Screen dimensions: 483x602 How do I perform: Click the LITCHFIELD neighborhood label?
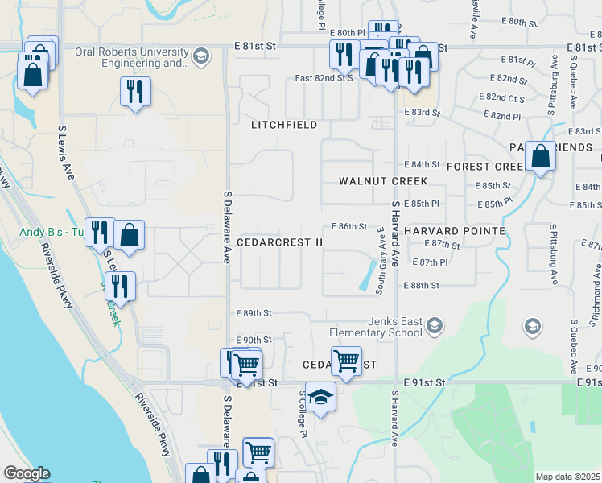[x=284, y=126]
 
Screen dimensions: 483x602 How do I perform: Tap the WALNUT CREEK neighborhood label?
[x=383, y=181]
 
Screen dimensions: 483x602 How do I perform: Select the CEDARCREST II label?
[x=280, y=242]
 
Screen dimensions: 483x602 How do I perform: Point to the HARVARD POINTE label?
[x=455, y=231]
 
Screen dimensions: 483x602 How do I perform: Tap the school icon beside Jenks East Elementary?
[x=435, y=326]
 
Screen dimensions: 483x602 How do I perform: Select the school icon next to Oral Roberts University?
[x=200, y=56]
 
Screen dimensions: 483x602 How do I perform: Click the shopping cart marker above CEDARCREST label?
[x=346, y=360]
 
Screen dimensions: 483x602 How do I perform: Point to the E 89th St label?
[x=254, y=312]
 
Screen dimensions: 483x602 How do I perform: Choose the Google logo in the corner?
[x=27, y=473]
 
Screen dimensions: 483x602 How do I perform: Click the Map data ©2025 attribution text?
[x=567, y=477]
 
